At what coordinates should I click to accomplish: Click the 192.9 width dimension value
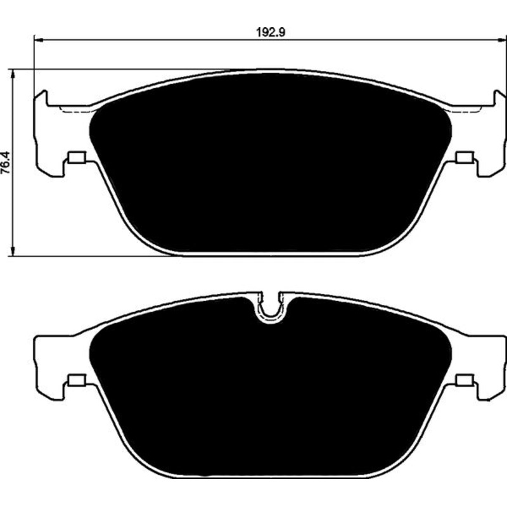(271, 32)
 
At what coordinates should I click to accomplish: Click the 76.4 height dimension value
(6, 163)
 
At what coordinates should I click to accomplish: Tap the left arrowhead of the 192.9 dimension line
(39, 40)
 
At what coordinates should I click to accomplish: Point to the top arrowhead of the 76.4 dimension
(13, 74)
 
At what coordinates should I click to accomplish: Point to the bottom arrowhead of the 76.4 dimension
(13, 252)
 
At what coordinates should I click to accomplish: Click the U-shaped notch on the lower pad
(271, 309)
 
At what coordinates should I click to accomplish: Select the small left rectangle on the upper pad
(77, 157)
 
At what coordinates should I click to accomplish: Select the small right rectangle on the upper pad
(465, 157)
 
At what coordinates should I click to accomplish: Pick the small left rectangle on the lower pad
(77, 380)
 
